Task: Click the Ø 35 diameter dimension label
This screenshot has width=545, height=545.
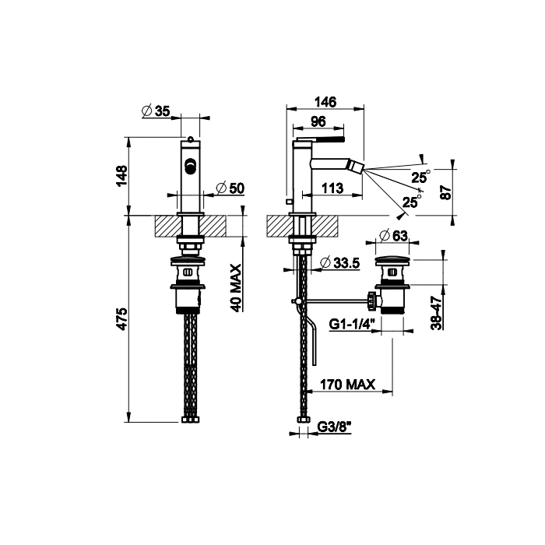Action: pos(156,111)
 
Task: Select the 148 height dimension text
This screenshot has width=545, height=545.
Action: pos(122,176)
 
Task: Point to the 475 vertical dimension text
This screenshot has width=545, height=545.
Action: pos(122,318)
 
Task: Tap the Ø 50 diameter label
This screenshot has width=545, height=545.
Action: pos(230,188)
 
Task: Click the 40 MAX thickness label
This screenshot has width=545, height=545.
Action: pos(236,288)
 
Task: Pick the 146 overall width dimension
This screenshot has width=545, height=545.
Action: pos(325,102)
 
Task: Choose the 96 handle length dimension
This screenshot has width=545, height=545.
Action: pos(318,121)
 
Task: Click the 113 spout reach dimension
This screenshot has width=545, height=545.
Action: pos(332,188)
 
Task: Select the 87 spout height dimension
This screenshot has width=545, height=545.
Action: pos(445,192)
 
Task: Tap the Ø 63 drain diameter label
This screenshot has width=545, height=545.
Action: pos(393,236)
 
